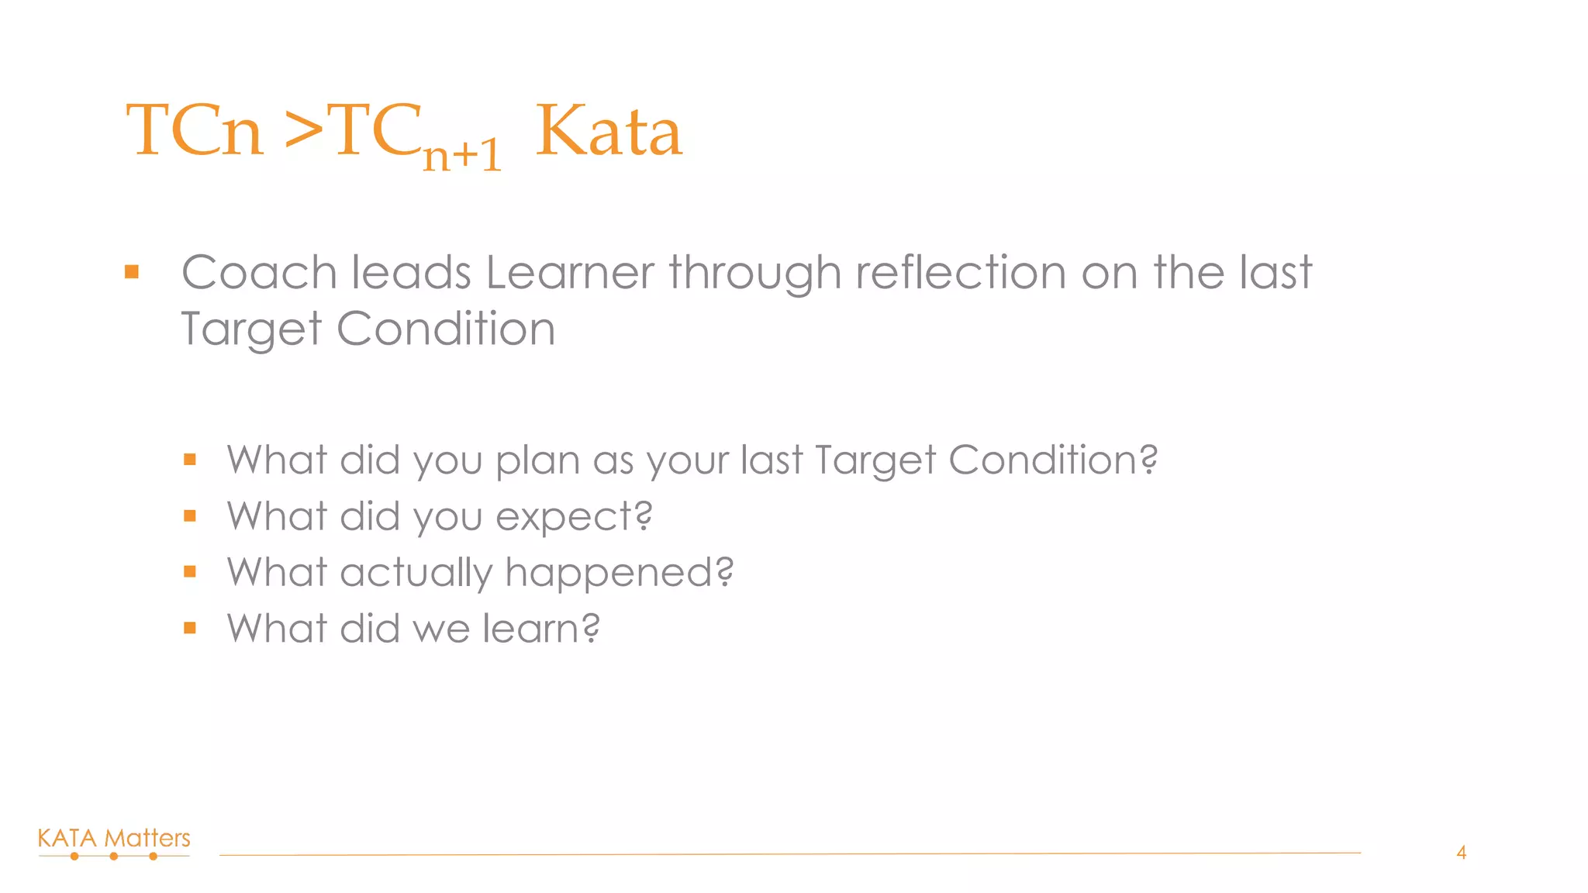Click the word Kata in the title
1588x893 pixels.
tap(609, 132)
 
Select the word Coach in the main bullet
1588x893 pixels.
tap(259, 273)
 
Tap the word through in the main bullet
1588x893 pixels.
tap(754, 274)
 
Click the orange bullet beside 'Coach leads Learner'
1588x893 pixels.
tap(132, 272)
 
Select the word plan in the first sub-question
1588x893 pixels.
tap(537, 461)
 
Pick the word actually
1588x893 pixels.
tap(416, 574)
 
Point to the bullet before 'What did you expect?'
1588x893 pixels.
tap(190, 516)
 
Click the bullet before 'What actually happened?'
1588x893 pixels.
tap(190, 572)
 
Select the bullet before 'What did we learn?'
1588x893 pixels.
tap(190, 628)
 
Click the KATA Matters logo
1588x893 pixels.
tap(114, 842)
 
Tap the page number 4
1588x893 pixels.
tap(1461, 853)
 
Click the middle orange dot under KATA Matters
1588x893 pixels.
tap(114, 857)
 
